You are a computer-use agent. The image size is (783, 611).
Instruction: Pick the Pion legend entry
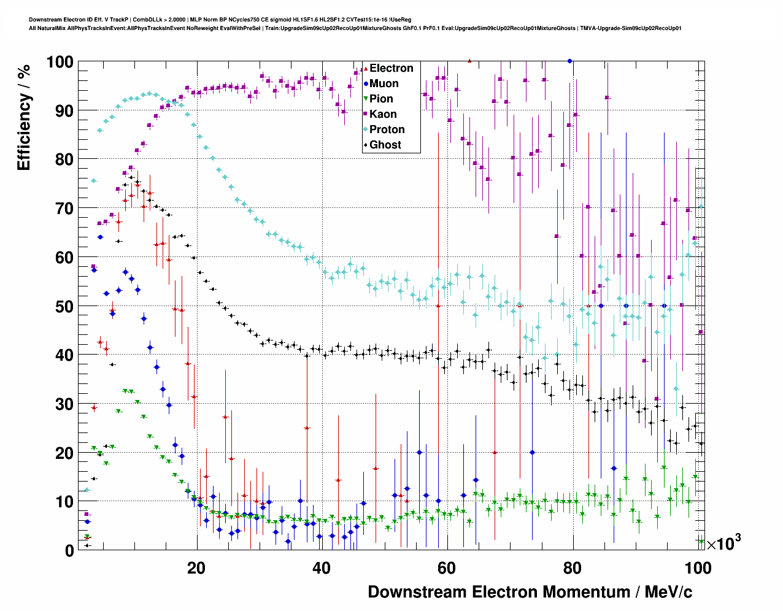(380, 99)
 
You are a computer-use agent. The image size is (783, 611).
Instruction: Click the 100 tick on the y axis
(60, 62)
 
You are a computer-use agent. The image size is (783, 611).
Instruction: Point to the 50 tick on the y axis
(64, 306)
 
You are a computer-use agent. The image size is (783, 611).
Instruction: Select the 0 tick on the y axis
(69, 550)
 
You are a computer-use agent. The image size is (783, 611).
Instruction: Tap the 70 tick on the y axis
(64, 209)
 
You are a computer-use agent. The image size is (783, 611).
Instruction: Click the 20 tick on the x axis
(196, 568)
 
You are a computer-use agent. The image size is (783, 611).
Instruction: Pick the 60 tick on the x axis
(447, 568)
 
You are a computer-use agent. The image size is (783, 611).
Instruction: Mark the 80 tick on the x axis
(573, 568)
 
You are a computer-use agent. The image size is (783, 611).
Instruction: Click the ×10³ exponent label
(723, 543)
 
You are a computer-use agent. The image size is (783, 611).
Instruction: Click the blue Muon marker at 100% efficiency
(570, 61)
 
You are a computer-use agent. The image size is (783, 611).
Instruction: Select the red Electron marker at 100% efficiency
(469, 61)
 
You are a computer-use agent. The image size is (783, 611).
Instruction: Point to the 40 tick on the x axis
(322, 568)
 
